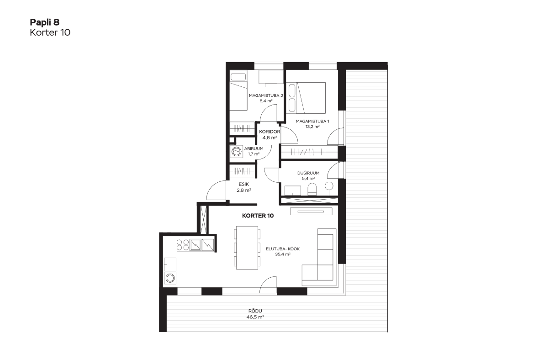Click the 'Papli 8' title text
[45, 22]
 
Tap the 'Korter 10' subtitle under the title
[50, 32]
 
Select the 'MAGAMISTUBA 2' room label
[266, 95]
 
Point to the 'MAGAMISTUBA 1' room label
[312, 121]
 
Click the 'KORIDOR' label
[269, 132]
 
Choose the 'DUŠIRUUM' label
[308, 173]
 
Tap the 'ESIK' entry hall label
[244, 184]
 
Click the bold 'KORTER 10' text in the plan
[258, 216]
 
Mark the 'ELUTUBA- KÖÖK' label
[283, 249]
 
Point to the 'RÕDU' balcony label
[255, 311]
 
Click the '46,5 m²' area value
[255, 317]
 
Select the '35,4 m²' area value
[283, 254]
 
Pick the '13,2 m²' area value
[312, 127]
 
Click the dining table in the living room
[247, 248]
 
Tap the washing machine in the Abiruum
[237, 151]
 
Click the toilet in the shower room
[312, 190]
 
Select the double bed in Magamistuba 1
[306, 98]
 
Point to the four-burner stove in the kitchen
[183, 244]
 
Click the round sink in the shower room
[329, 186]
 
